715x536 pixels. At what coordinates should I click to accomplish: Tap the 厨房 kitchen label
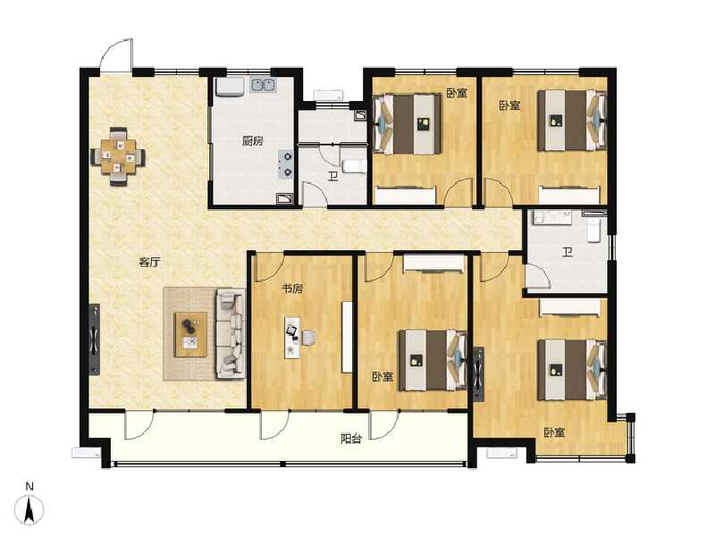pyautogui.click(x=252, y=141)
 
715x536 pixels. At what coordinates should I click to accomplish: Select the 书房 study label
pyautogui.click(x=292, y=289)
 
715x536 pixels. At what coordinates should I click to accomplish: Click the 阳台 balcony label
pyautogui.click(x=350, y=439)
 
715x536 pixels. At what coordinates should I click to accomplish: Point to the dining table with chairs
pyautogui.click(x=117, y=157)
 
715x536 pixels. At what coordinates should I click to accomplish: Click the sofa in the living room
pyautogui.click(x=230, y=333)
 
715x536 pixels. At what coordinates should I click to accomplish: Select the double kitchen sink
pyautogui.click(x=262, y=87)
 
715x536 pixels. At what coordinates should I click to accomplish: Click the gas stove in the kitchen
pyautogui.click(x=286, y=162)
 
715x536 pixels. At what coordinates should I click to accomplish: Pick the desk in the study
pyautogui.click(x=290, y=337)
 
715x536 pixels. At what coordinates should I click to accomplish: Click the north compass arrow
pyautogui.click(x=29, y=509)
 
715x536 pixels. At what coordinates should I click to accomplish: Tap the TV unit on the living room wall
pyautogui.click(x=95, y=341)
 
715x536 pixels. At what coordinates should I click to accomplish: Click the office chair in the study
pyautogui.click(x=308, y=337)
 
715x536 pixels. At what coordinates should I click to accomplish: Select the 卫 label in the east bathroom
pyautogui.click(x=567, y=252)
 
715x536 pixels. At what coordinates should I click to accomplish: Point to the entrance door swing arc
pyautogui.click(x=116, y=54)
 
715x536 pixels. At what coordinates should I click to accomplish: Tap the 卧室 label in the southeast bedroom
pyautogui.click(x=554, y=432)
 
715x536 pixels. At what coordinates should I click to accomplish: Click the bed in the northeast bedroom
pyautogui.click(x=573, y=121)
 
